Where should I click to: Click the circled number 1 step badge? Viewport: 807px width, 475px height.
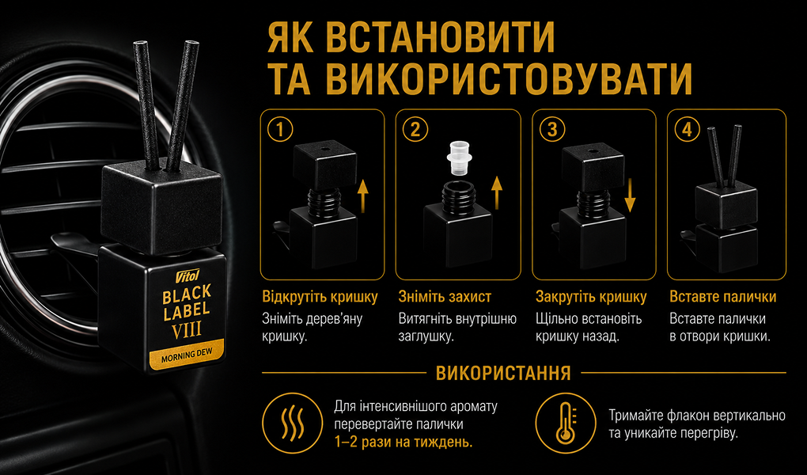tap(279, 130)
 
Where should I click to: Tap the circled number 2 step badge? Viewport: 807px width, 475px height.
tap(415, 130)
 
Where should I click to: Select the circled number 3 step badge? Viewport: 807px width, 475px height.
tap(551, 130)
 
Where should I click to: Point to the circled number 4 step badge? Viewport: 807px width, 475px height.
tap(687, 130)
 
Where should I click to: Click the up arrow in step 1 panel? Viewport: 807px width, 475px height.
tap(363, 192)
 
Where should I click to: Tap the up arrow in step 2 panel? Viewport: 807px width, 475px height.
tap(497, 192)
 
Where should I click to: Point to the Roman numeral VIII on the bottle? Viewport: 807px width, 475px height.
tap(186, 329)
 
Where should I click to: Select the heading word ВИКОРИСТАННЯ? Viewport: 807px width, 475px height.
tap(503, 373)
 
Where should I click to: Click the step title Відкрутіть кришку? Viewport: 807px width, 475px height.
tap(320, 297)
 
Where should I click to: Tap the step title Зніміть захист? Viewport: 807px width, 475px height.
tap(445, 297)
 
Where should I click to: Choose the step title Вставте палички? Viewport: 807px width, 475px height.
tap(723, 297)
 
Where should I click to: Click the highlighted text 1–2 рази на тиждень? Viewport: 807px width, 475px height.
tap(403, 443)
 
